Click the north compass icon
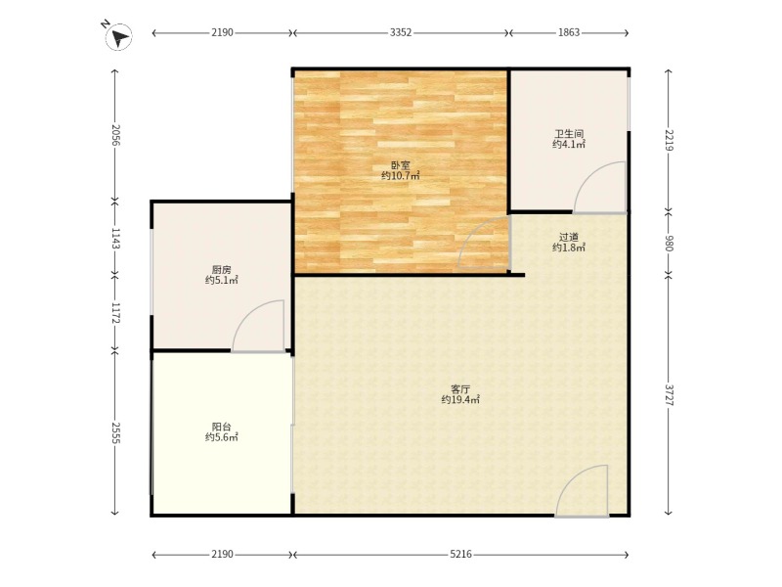pos(118,37)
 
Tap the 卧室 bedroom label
pos(400,165)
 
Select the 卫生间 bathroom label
pos(569,134)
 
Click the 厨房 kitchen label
pos(222,269)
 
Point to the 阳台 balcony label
pos(222,427)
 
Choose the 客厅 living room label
pos(459,388)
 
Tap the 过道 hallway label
pos(569,237)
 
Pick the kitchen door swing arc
pos(260,327)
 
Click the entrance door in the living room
pos(584,492)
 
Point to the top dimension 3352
pos(401,32)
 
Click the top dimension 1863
pos(569,32)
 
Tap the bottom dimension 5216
pos(460,555)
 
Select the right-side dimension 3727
pos(668,396)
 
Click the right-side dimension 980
pos(668,244)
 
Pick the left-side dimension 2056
pos(114,135)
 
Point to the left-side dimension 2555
pos(114,432)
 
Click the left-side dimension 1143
pos(114,239)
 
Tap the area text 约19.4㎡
pos(459,399)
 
